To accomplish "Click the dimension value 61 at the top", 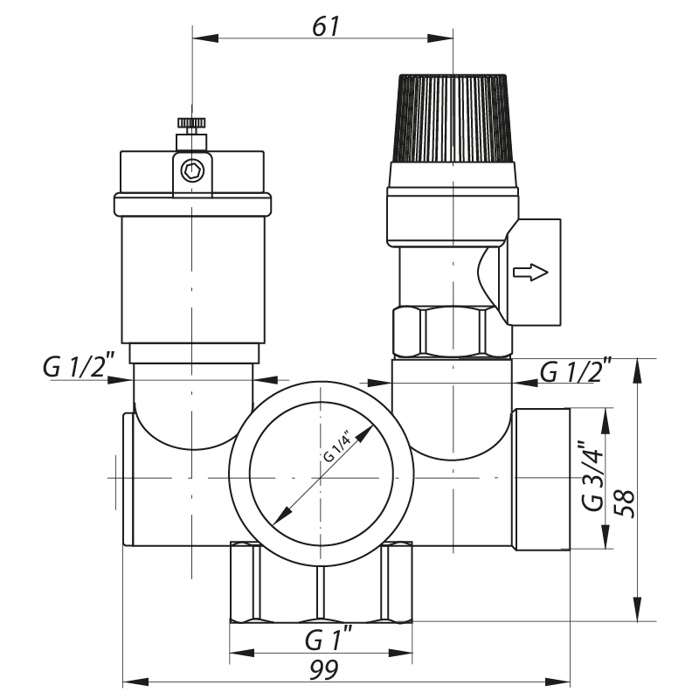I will pos(325,25).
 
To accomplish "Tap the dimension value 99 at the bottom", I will pos(325,669).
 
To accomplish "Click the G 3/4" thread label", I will pos(593,479).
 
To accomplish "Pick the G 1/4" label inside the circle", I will pos(336,446).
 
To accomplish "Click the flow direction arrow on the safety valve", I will pos(530,273).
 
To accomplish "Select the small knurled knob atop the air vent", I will pos(190,121).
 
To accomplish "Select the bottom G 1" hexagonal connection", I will pos(321,581).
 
